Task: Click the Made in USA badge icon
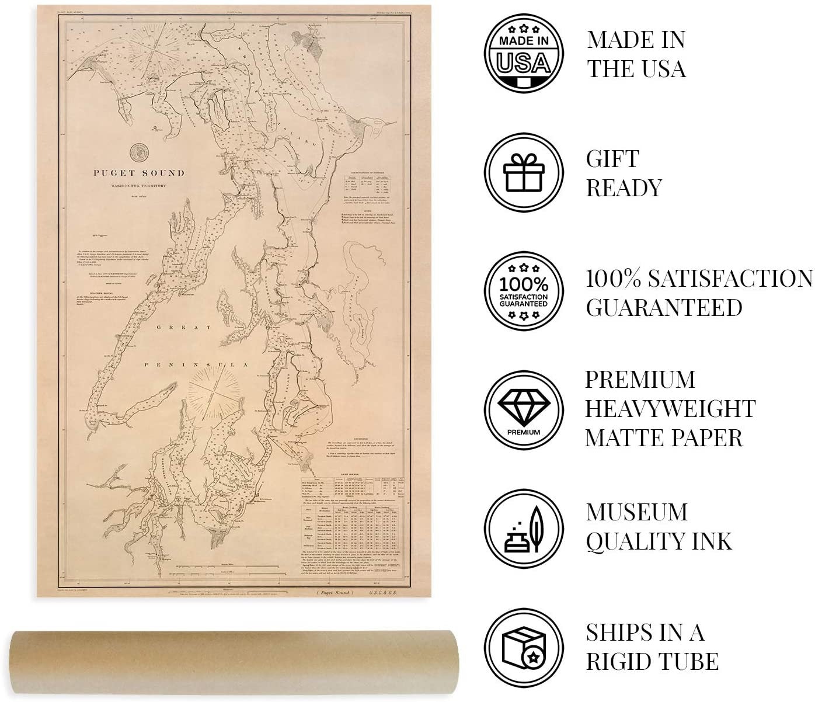coord(524,54)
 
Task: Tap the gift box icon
coord(524,173)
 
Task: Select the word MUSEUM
coord(637,512)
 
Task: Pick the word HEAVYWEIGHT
coord(670,409)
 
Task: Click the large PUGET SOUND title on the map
coord(138,173)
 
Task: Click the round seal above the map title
coord(138,152)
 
